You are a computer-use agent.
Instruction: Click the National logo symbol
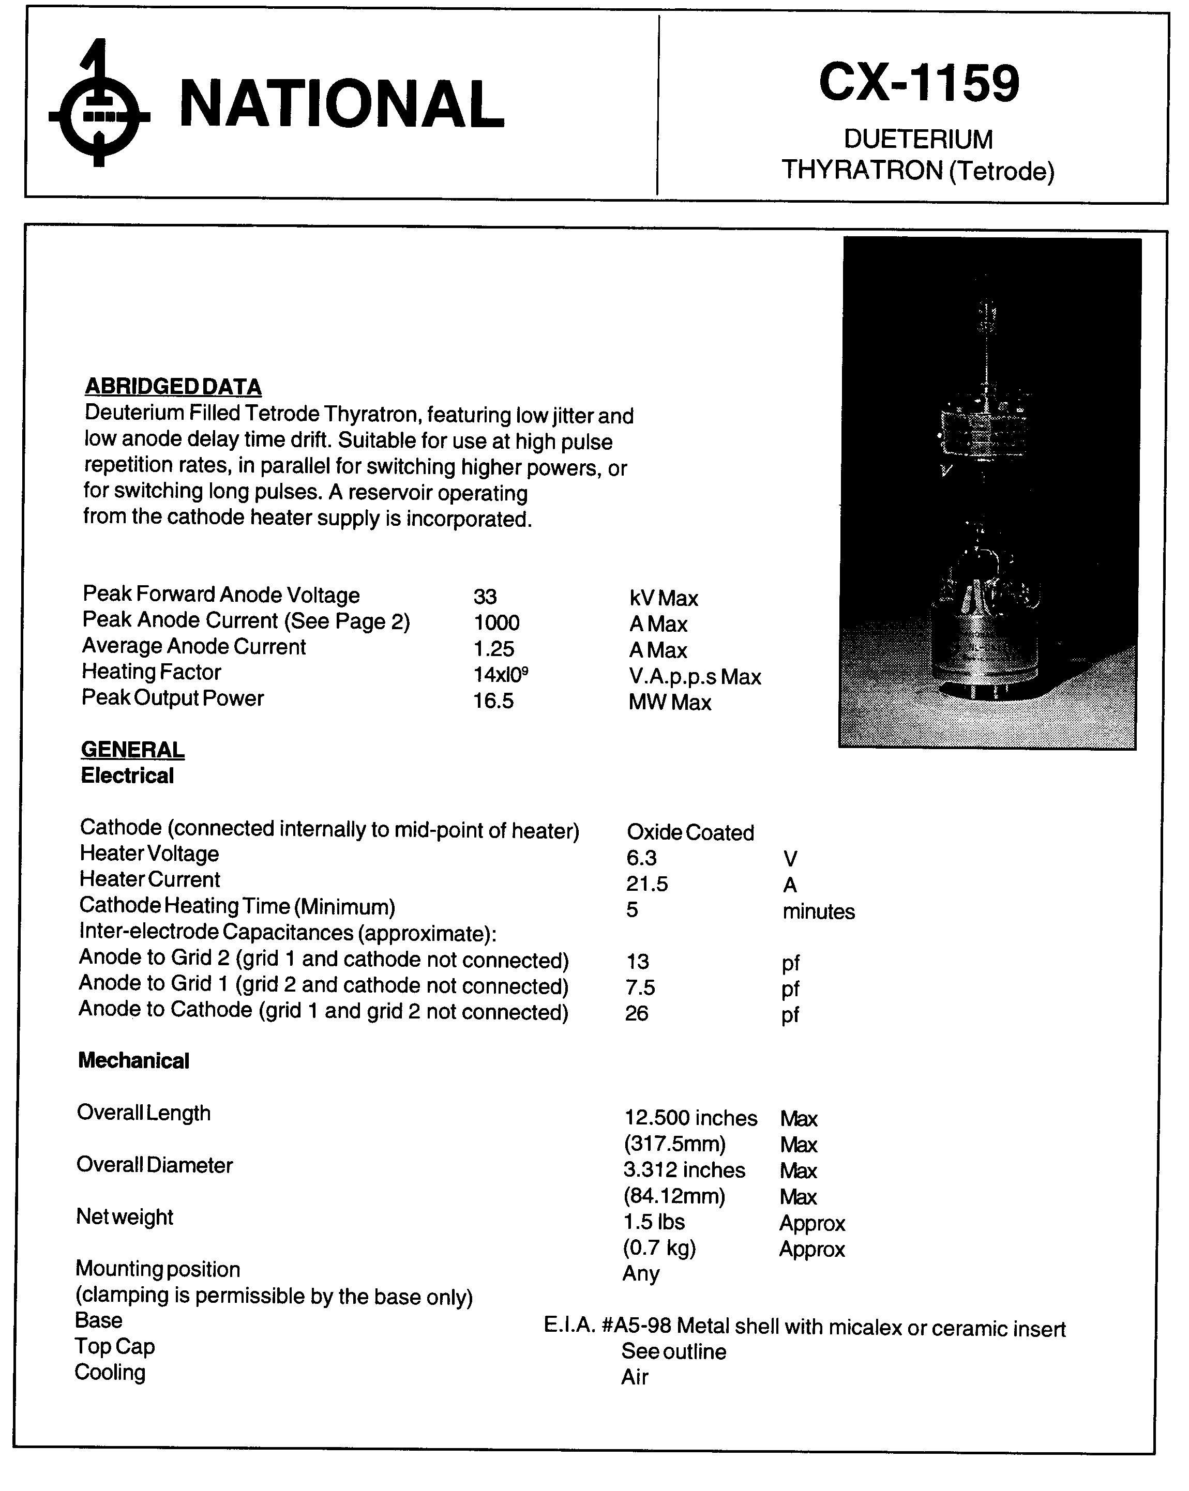99,104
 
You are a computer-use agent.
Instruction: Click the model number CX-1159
918,83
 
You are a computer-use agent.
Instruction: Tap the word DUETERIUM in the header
918,140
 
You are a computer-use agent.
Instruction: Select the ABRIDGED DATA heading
172,387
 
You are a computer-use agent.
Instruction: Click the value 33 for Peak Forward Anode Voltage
485,596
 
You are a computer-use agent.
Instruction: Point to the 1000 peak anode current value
496,622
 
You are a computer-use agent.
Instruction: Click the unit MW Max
670,703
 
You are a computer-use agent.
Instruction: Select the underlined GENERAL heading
133,750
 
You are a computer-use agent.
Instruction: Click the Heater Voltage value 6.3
641,858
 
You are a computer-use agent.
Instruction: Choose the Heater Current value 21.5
646,884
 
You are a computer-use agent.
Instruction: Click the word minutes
818,911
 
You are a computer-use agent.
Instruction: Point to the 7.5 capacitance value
640,987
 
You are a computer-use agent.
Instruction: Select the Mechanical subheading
133,1061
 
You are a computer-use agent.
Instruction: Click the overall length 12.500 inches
690,1118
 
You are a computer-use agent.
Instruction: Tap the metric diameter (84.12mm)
674,1196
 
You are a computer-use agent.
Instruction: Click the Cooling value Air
634,1377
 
